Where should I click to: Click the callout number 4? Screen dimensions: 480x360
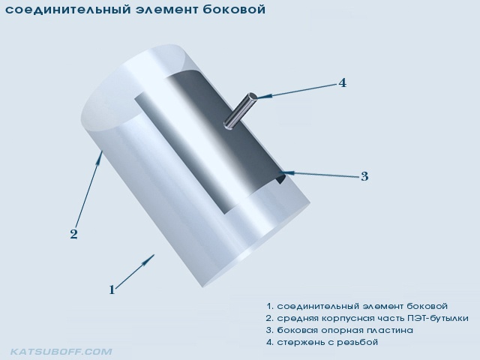(343, 83)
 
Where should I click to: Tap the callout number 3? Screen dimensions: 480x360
(364, 177)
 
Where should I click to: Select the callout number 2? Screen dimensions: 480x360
(73, 235)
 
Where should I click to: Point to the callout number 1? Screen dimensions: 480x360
(112, 290)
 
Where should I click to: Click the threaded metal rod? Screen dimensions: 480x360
(241, 110)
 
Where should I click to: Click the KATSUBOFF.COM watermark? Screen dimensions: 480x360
(61, 352)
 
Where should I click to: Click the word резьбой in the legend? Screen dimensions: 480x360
(357, 342)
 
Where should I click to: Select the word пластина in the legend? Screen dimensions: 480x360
(389, 331)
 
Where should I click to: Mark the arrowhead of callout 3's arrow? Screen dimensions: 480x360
(287, 172)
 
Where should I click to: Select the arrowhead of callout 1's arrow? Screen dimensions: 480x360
(151, 258)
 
